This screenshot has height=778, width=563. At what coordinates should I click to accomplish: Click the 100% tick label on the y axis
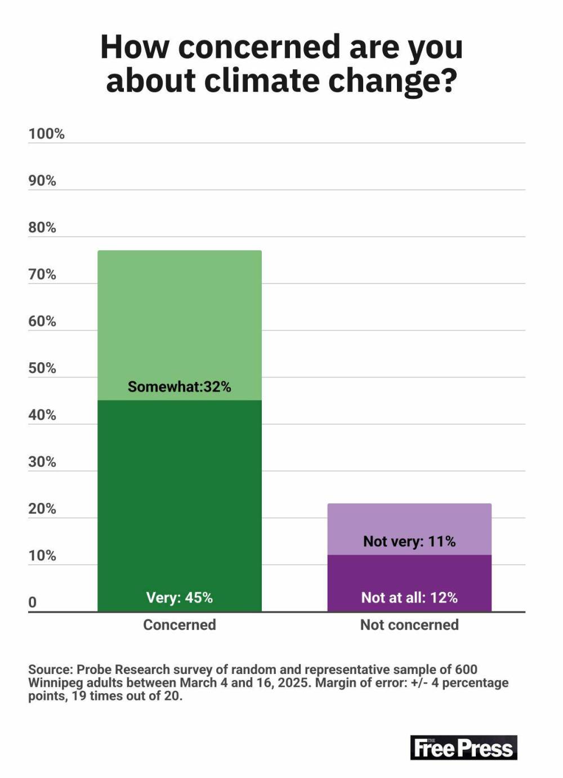pyautogui.click(x=46, y=134)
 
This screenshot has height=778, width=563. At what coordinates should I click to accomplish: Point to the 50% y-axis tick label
pyautogui.click(x=42, y=368)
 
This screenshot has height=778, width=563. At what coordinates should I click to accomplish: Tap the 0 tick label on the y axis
pyautogui.click(x=33, y=602)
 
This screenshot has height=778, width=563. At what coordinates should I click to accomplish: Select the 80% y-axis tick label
pyautogui.click(x=42, y=227)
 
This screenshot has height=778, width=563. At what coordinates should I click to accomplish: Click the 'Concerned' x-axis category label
pyautogui.click(x=179, y=624)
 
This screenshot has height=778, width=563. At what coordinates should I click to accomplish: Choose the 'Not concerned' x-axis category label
pyautogui.click(x=409, y=624)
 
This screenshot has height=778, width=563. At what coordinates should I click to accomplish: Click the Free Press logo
pyautogui.click(x=463, y=748)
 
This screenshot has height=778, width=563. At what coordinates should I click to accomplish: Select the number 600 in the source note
pyautogui.click(x=466, y=669)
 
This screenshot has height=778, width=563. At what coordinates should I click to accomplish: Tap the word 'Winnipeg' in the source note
pyautogui.click(x=55, y=682)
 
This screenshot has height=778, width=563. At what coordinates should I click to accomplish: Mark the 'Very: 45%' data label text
pyautogui.click(x=179, y=597)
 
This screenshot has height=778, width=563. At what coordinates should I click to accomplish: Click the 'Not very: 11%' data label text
pyautogui.click(x=409, y=541)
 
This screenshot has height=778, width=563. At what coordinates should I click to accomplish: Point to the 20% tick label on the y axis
pyautogui.click(x=42, y=509)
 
